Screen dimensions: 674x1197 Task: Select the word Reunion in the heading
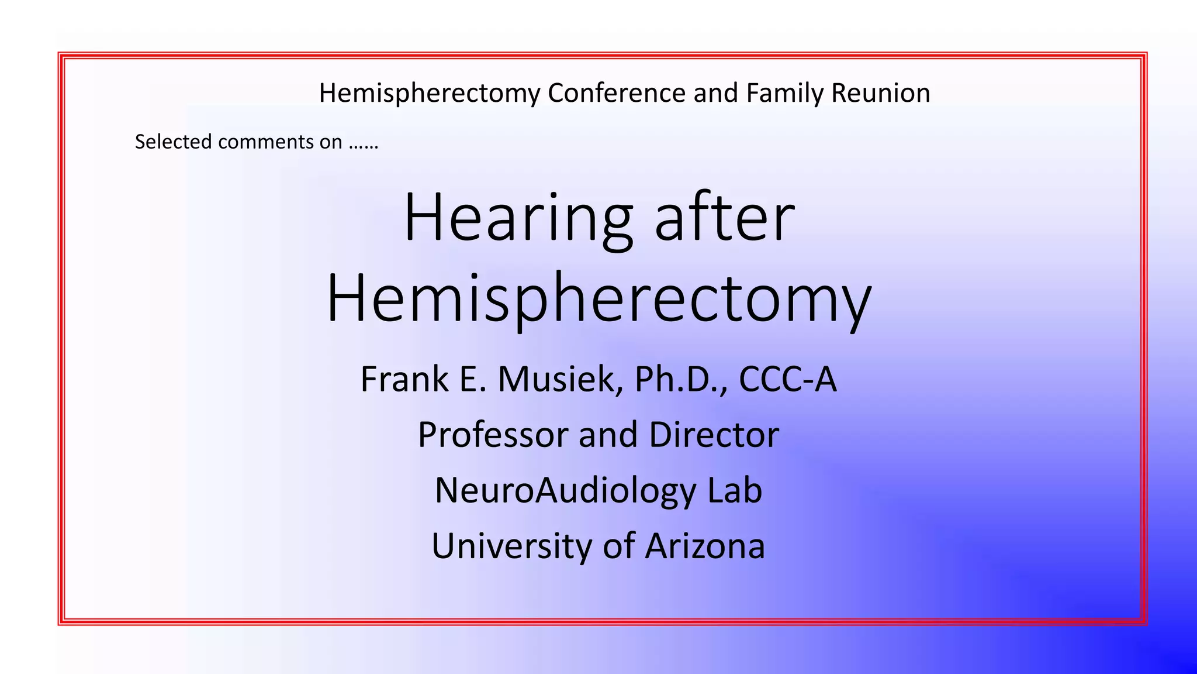click(881, 93)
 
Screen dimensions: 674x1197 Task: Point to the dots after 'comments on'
click(364, 143)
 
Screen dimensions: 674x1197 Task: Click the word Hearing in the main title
click(518, 218)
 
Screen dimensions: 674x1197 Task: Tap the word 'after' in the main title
click(725, 218)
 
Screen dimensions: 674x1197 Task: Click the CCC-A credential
click(787, 379)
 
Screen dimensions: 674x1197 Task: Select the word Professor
click(494, 435)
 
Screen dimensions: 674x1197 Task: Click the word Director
click(714, 435)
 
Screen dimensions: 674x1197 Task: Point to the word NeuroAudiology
click(565, 490)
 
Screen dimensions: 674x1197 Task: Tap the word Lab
click(735, 490)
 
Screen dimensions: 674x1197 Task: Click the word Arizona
click(705, 546)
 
